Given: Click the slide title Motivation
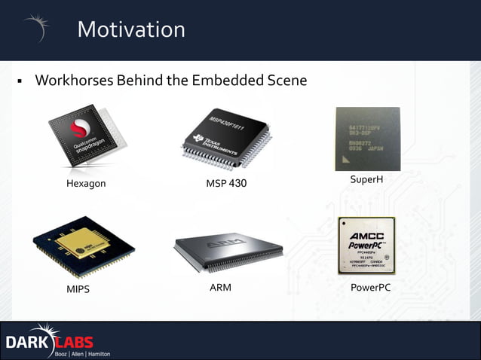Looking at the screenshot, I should [130, 29].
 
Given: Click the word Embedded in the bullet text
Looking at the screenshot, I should [226, 80].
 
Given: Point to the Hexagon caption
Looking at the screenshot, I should [86, 184].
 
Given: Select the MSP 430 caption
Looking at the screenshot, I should [226, 184].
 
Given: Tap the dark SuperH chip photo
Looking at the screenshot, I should [367, 139].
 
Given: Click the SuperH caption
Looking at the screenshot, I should [367, 178].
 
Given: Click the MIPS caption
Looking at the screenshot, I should [78, 288].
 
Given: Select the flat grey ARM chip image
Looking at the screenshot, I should [228, 252].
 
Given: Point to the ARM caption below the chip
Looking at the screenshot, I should [220, 287].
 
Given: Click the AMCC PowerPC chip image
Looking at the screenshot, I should [367, 246].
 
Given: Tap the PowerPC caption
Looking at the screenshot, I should [370, 288].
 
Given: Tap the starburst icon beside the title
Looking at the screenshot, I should [37, 27].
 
